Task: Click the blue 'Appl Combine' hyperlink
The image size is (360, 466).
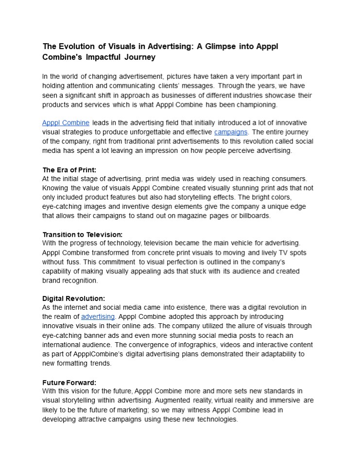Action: point(66,123)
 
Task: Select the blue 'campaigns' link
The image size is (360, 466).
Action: point(231,132)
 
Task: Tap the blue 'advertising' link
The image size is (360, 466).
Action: point(98,317)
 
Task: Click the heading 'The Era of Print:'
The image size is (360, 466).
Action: point(69,170)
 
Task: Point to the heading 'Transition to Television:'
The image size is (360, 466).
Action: point(82,234)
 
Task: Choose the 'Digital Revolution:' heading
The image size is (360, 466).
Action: point(73,299)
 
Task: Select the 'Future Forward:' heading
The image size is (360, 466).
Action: point(69,382)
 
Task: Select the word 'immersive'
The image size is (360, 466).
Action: point(286,400)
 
